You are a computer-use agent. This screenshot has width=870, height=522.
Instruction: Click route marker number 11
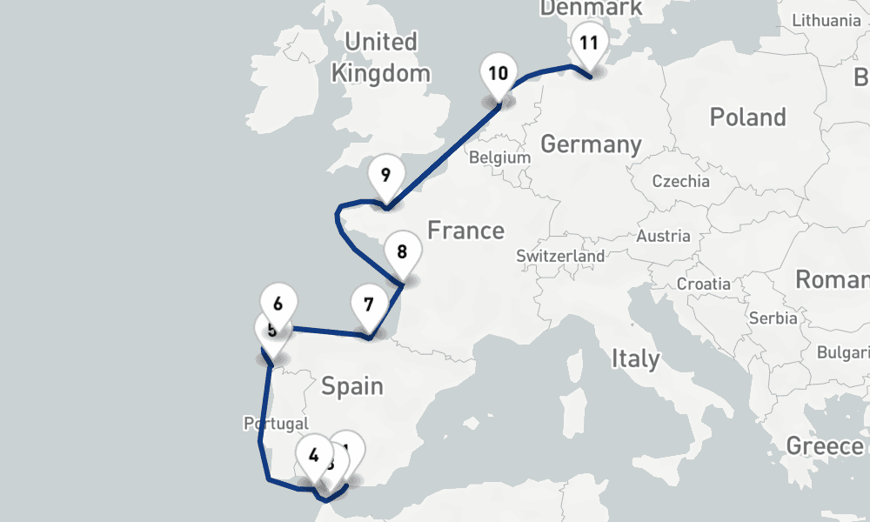[589, 43]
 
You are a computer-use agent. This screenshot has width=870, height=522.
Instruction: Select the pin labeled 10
[498, 72]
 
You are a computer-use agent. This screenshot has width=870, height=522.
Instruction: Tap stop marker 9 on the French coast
[385, 174]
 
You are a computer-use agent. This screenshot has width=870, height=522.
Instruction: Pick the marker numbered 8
[402, 252]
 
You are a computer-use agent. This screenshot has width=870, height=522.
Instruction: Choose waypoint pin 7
[369, 304]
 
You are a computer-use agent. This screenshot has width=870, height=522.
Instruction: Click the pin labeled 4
[313, 453]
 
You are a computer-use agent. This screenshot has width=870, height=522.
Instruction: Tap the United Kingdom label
[380, 57]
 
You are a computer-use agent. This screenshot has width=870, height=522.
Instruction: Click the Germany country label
[591, 144]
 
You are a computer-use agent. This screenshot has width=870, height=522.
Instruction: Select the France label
[465, 231]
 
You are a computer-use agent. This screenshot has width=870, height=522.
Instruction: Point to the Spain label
[352, 385]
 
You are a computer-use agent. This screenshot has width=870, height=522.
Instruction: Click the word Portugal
[275, 424]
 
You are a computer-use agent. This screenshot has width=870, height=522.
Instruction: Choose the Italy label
[635, 358]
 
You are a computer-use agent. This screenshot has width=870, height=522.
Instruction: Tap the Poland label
[747, 117]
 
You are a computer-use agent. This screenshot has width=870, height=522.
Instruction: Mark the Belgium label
[499, 158]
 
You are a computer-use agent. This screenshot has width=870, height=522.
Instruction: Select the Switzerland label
[560, 257]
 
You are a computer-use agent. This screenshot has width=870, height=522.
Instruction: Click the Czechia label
[681, 182]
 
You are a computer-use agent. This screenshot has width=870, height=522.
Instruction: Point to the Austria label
[664, 236]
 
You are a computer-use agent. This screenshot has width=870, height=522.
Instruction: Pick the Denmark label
[591, 8]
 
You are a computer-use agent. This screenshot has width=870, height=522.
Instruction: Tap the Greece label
[825, 445]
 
